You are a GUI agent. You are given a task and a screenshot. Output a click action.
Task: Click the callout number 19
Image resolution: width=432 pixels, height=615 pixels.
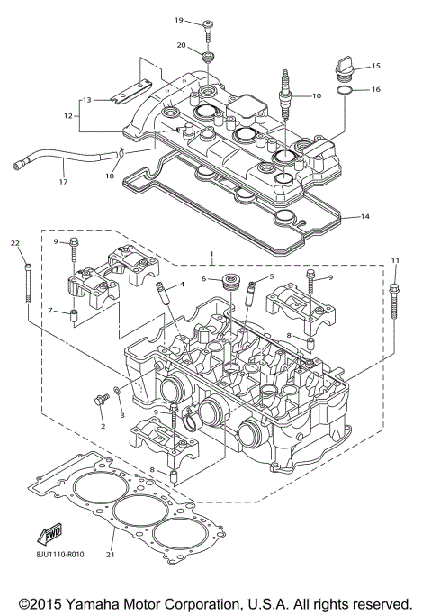coord(179,20)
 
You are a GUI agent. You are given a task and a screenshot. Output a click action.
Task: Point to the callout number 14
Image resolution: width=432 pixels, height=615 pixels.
coord(364,216)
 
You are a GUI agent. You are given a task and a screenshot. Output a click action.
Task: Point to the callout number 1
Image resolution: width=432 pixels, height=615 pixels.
coord(211,255)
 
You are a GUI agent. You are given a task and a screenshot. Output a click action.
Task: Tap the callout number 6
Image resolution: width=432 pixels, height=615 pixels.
coord(204,279)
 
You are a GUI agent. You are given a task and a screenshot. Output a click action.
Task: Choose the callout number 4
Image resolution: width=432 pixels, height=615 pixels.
coord(182,285)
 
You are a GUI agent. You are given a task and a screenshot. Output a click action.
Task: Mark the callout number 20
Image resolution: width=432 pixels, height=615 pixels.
coord(181,44)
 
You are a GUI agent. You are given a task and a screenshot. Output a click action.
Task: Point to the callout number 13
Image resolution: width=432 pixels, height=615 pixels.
coord(87,99)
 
